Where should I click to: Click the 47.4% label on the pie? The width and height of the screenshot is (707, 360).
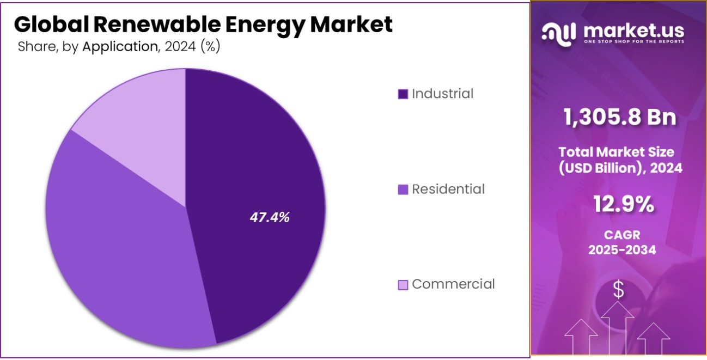(270, 217)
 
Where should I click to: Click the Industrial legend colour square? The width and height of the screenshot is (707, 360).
(403, 94)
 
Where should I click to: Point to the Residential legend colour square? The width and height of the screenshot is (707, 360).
(403, 190)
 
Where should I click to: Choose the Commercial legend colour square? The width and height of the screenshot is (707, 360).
(403, 284)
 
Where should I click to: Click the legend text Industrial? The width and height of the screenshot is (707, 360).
(442, 94)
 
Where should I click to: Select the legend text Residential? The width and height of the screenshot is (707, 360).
(448, 189)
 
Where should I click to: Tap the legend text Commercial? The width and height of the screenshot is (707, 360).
(453, 284)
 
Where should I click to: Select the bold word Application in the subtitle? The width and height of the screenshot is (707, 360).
(119, 47)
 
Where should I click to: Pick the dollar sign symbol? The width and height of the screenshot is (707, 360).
(618, 290)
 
